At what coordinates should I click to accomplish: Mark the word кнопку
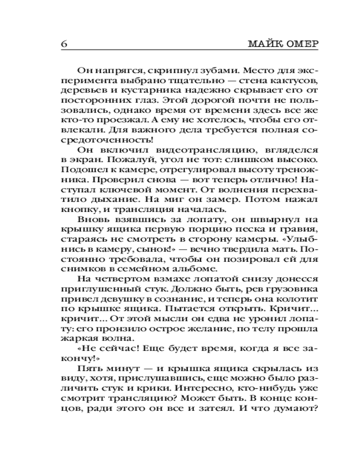coord(74,209)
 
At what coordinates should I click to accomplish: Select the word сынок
coord(145,249)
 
